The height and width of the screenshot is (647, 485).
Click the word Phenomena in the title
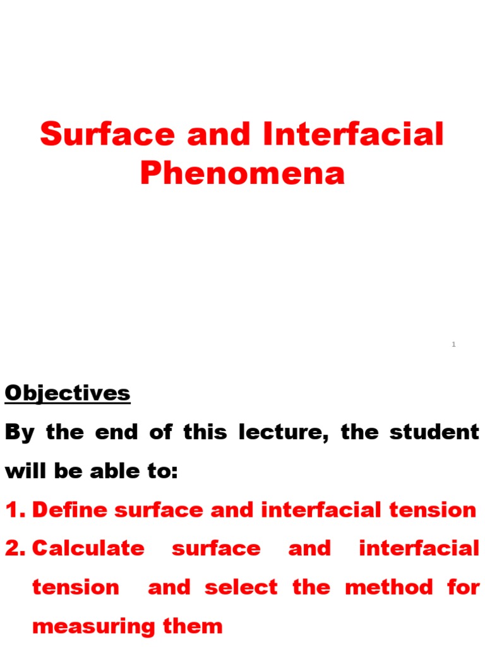242,172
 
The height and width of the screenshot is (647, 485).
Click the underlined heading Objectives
68,393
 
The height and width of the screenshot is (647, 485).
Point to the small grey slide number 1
454,344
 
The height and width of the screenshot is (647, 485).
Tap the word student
440,433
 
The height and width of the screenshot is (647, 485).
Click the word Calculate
88,548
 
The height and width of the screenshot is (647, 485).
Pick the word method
389,587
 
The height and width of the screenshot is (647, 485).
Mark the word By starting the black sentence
18,433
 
